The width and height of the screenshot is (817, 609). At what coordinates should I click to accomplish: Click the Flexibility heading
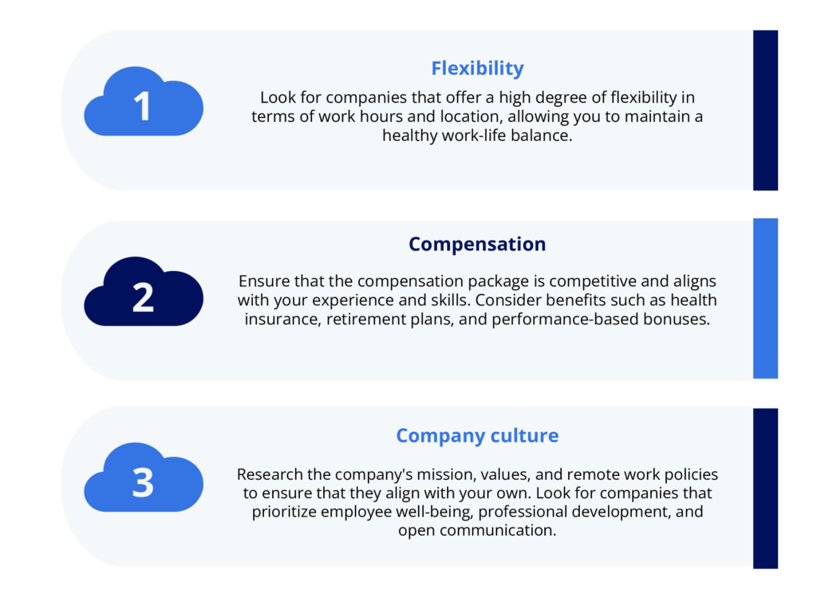(477, 69)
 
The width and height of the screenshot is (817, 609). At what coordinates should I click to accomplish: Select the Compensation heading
(477, 244)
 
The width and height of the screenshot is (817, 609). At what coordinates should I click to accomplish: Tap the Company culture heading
(477, 436)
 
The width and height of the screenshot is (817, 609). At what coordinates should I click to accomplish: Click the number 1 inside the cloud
(143, 107)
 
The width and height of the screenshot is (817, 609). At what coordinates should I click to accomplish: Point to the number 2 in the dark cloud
(143, 297)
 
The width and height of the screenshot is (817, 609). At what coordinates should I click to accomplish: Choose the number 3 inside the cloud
(143, 483)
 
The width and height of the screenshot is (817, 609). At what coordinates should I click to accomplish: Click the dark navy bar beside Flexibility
(765, 110)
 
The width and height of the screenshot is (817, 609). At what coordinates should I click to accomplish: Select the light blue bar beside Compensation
(765, 298)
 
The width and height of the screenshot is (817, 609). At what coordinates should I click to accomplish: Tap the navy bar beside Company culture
(765, 488)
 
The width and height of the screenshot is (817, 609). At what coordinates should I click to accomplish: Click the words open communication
(477, 530)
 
